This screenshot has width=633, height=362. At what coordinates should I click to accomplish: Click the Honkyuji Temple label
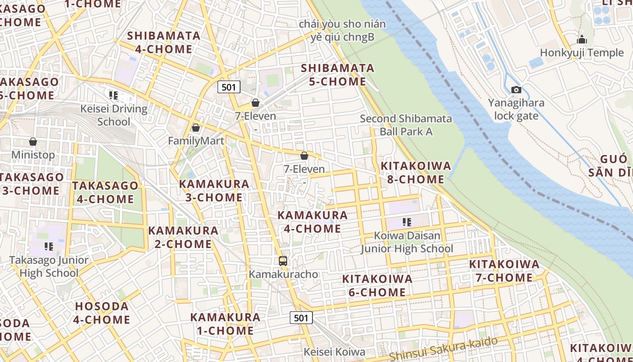tap(581, 53)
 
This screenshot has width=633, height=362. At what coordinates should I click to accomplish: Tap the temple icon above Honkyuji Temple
tap(581, 39)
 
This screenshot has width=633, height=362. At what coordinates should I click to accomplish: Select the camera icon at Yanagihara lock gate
tap(516, 90)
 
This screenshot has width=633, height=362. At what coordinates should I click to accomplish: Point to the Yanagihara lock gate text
tap(516, 109)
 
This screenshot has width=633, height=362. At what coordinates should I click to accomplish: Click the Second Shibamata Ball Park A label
tap(406, 125)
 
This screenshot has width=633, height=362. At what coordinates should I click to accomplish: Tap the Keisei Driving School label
tap(114, 115)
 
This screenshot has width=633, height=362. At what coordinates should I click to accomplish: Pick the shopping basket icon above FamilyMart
tap(196, 128)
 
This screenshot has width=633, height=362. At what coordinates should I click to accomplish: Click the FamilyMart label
tap(196, 141)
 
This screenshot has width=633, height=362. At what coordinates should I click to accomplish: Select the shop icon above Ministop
tap(33, 142)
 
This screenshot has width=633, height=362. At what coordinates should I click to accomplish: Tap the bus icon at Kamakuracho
tap(283, 261)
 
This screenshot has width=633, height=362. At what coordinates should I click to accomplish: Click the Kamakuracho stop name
tap(283, 274)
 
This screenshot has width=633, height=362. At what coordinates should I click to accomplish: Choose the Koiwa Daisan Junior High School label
tap(406, 242)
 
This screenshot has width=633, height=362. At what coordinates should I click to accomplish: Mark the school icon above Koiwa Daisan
tap(406, 222)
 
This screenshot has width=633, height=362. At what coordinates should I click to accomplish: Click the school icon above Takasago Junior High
tap(49, 247)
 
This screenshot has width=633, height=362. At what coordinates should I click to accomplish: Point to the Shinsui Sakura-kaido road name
tap(443, 349)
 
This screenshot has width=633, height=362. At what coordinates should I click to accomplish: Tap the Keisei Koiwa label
tap(334, 352)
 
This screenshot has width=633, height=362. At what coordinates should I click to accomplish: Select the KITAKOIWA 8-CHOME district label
tap(416, 172)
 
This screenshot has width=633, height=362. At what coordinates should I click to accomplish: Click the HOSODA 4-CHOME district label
tap(102, 313)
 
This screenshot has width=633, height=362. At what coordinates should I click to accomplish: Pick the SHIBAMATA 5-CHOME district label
tap(337, 75)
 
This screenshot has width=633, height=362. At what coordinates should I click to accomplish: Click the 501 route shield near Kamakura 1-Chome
tap(301, 318)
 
